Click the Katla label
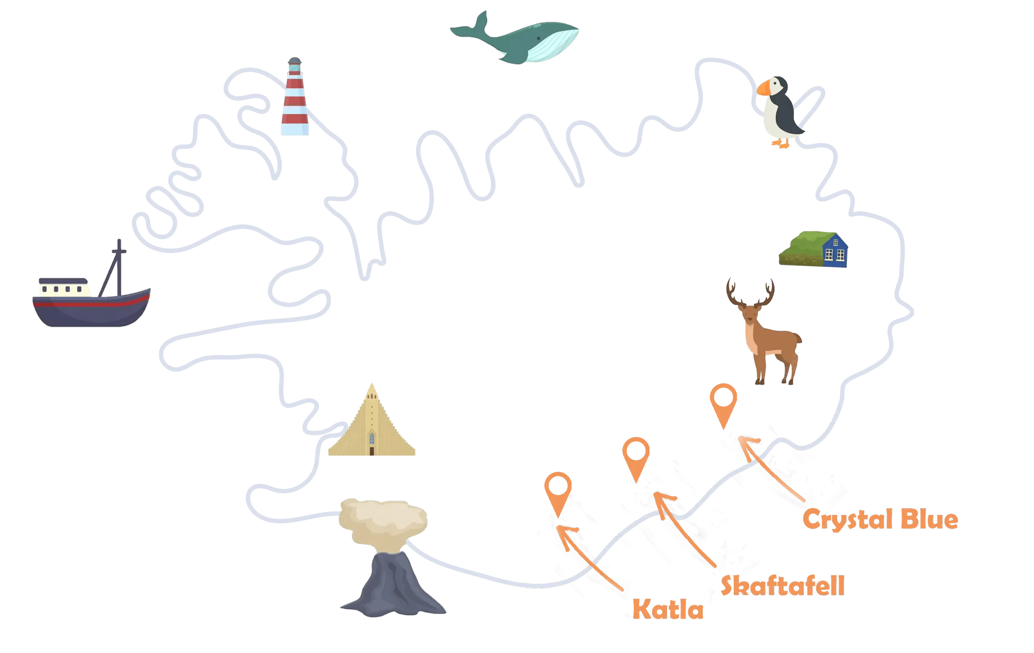[x=668, y=609]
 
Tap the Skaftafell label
[x=783, y=585]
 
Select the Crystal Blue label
[x=880, y=519]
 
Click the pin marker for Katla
[x=558, y=494]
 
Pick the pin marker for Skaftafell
[x=636, y=459]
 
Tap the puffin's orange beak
[x=763, y=88]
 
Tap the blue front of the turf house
[x=835, y=251]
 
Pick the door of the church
[x=372, y=451]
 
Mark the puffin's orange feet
[x=780, y=144]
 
